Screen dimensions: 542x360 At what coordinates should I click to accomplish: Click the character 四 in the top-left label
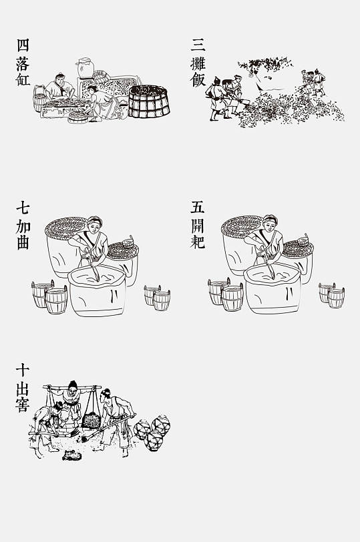23,45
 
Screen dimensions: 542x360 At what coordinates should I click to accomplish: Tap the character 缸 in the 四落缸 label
23,79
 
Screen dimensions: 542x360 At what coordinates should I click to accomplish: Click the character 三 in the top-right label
198,45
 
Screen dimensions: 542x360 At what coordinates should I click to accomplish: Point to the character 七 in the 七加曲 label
23,208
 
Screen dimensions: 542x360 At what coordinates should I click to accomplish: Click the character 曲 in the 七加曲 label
23,242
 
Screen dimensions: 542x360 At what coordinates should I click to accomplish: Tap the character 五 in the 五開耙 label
198,208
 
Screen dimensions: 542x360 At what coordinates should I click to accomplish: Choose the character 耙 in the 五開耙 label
198,242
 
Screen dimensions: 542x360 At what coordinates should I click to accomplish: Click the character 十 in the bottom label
23,369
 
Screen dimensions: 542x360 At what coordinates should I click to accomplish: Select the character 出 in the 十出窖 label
23,386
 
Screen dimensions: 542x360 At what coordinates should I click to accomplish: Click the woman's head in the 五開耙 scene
269,225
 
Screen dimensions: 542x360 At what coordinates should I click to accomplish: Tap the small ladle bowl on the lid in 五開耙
304,239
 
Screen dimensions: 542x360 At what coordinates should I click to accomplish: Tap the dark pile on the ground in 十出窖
69,456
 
